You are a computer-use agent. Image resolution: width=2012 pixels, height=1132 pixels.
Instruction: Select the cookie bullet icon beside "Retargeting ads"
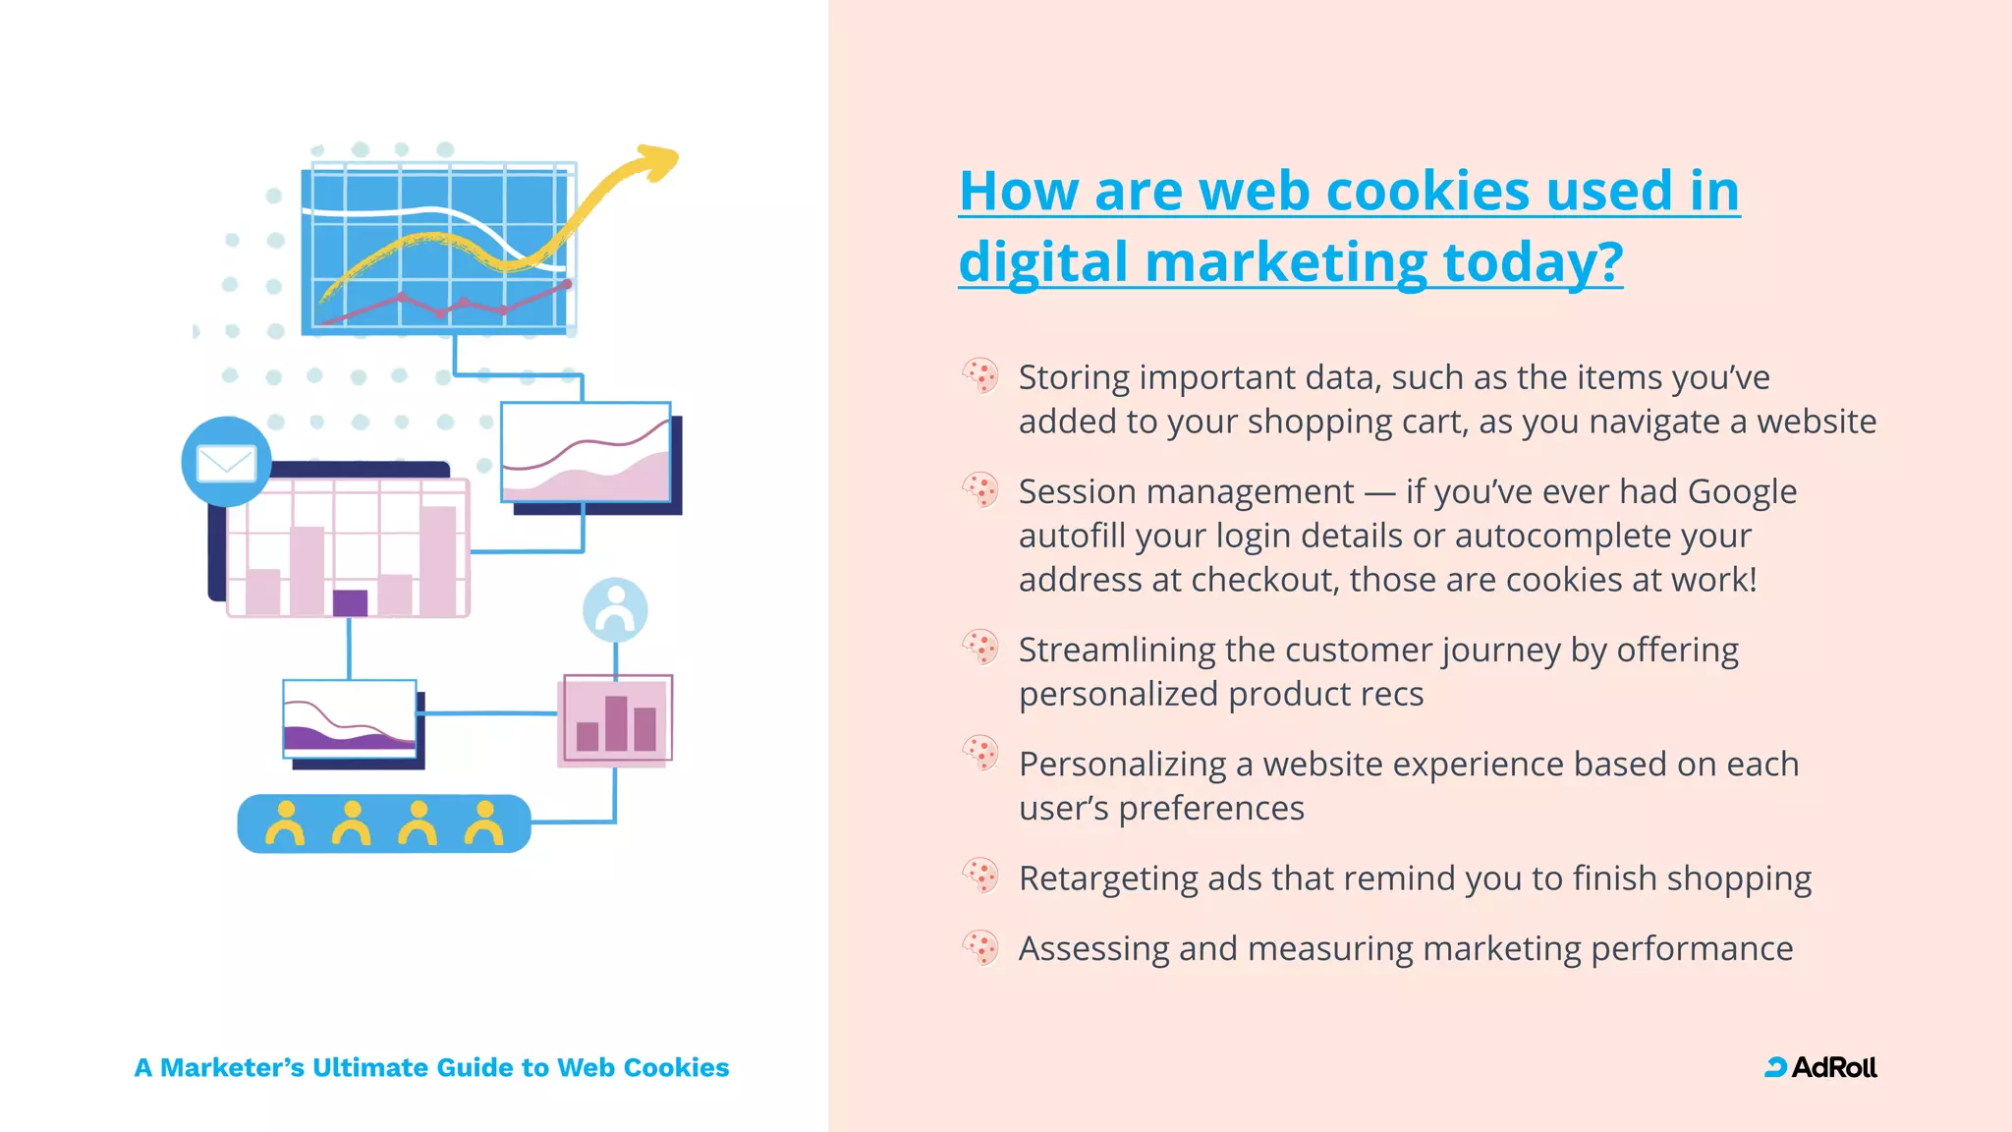pos(980,876)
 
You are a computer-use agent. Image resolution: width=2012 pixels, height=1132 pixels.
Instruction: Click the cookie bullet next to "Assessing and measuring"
pos(980,947)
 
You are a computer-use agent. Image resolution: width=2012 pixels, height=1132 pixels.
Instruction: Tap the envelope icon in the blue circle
pos(226,463)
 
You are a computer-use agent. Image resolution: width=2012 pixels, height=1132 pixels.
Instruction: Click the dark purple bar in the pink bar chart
pos(350,601)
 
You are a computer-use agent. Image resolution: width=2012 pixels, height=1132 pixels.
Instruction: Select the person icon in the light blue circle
pos(615,609)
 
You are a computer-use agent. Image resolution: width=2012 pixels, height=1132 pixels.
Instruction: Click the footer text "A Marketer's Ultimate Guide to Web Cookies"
pos(431,1067)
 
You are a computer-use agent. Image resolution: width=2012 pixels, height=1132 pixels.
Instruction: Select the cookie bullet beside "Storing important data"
pos(980,375)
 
